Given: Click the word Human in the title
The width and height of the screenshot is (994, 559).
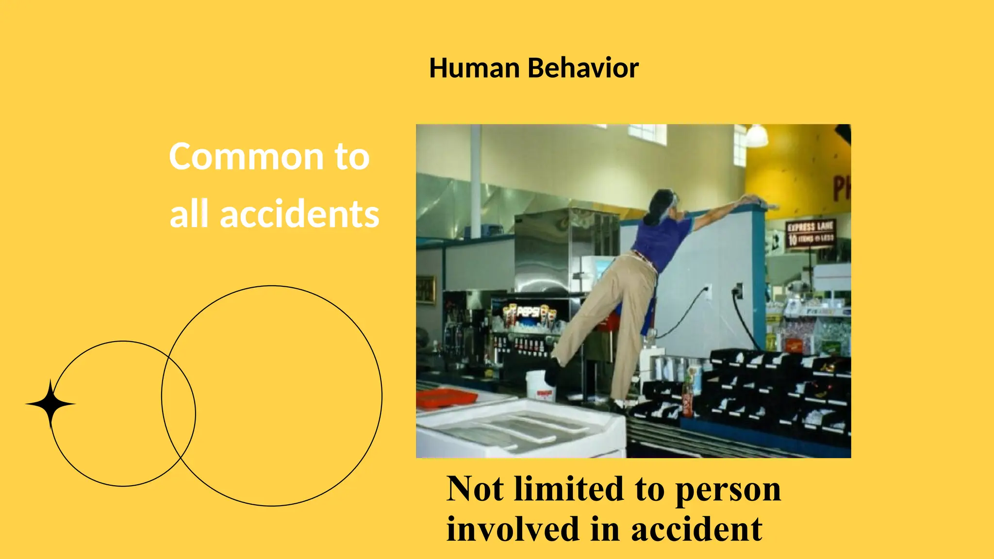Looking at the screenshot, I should [474, 68].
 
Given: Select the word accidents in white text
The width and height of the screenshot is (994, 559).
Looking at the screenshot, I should [299, 214].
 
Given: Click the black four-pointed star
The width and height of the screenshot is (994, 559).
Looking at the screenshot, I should [50, 404].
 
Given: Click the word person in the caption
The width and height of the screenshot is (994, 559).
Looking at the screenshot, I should [728, 490].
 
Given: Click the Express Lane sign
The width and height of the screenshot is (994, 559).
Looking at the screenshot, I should [810, 233].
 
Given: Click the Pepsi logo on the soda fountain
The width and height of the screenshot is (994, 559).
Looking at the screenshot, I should [528, 312].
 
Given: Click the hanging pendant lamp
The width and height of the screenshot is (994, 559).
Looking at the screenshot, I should [756, 136].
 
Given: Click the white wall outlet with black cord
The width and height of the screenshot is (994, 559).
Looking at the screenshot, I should [708, 292].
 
